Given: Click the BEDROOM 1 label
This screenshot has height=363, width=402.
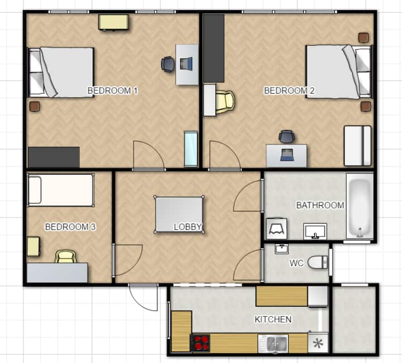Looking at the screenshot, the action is pyautogui.click(x=113, y=90).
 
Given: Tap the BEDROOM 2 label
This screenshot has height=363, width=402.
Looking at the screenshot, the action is pyautogui.click(x=289, y=90).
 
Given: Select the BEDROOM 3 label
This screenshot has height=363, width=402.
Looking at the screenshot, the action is pyautogui.click(x=70, y=226).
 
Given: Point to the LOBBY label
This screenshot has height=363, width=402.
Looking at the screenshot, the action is pyautogui.click(x=188, y=226).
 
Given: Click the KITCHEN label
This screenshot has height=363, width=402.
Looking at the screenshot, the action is pyautogui.click(x=273, y=319).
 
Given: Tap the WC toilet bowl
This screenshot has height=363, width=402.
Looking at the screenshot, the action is pyautogui.click(x=318, y=263).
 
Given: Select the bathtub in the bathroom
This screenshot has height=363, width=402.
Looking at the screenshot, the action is pyautogui.click(x=360, y=207).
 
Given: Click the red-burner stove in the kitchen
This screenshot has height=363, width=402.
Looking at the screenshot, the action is pyautogui.click(x=200, y=343).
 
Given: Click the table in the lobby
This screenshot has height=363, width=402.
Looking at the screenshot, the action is pyautogui.click(x=179, y=215).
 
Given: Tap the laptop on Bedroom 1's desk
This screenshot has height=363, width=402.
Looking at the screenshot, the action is pyautogui.click(x=186, y=64).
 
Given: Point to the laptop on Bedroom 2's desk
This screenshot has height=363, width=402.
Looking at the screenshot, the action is pyautogui.click(x=287, y=154).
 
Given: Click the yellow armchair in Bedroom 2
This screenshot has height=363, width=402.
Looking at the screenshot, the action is pyautogui.click(x=225, y=101).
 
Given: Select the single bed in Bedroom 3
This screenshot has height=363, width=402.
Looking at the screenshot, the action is pyautogui.click(x=61, y=190).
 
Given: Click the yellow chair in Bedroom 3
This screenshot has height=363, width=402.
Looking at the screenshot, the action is pyautogui.click(x=66, y=256).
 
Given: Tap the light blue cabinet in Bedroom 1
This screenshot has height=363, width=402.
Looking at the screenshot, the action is pyautogui.click(x=191, y=149).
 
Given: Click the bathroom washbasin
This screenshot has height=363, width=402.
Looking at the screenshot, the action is pyautogui.click(x=315, y=231).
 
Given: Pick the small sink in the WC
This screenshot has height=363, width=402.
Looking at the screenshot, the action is pyautogui.click(x=282, y=249).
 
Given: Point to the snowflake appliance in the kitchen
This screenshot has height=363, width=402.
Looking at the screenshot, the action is pyautogui.click(x=318, y=343).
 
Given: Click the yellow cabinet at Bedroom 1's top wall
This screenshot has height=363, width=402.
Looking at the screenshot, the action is pyautogui.click(x=114, y=22).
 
